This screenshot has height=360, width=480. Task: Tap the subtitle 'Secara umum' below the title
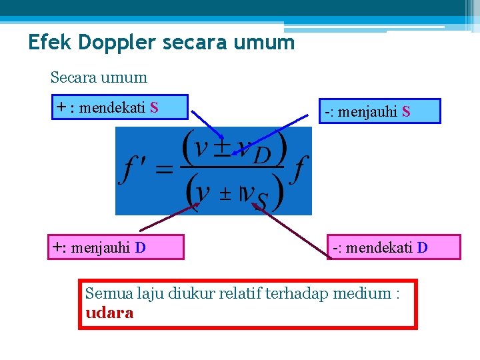tap(99, 77)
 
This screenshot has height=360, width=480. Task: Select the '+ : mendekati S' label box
tap(120, 107)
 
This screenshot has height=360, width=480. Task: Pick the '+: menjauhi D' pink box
tap(115, 247)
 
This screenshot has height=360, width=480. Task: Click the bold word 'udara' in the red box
tap(109, 313)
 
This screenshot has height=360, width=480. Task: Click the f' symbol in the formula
tap(133, 170)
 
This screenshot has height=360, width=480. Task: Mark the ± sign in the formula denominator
tap(225, 193)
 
